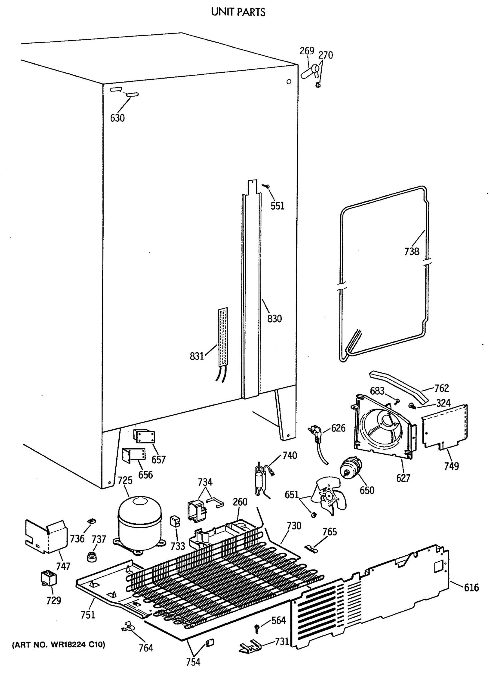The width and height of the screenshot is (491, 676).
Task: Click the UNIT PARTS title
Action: pyautogui.click(x=238, y=12)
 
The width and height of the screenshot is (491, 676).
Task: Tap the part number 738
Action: pyautogui.click(x=411, y=252)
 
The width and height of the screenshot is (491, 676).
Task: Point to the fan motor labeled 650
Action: pyautogui.click(x=351, y=468)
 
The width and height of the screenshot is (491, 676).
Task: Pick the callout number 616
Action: pyautogui.click(x=471, y=588)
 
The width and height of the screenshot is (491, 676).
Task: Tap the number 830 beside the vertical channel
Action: pyautogui.click(x=274, y=319)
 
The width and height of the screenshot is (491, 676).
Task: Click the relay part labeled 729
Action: pyautogui.click(x=49, y=578)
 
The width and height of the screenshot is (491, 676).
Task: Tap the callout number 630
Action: pyautogui.click(x=117, y=118)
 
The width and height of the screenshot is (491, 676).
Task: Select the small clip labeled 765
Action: pyautogui.click(x=311, y=548)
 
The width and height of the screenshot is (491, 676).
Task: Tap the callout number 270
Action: pyautogui.click(x=326, y=55)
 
